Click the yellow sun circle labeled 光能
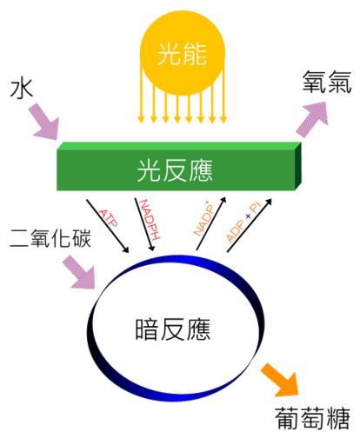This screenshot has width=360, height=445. (x=183, y=53)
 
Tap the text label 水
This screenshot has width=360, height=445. (x=22, y=90)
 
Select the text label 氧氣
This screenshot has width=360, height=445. (x=326, y=82)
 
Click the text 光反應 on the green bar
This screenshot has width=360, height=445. (x=175, y=170)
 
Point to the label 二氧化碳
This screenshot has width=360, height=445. (x=50, y=238)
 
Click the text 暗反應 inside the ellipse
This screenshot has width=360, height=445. (x=173, y=329)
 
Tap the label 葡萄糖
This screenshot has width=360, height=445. (x=312, y=418)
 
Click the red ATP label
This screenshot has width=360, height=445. (x=109, y=218)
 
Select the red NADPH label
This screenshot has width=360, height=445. (x=150, y=219)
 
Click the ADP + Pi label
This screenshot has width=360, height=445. (x=243, y=222)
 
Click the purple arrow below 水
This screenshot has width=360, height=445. (x=45, y=123)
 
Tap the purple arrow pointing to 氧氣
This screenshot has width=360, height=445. (x=312, y=118)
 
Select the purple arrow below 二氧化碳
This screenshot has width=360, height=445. (x=82, y=273)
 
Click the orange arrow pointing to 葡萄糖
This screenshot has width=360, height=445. (x=280, y=380)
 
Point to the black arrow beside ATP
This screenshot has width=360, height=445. (x=108, y=226)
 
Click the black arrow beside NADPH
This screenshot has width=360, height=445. (x=144, y=224)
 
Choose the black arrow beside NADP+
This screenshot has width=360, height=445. (x=211, y=223)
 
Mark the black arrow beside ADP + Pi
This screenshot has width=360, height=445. (x=250, y=225)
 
